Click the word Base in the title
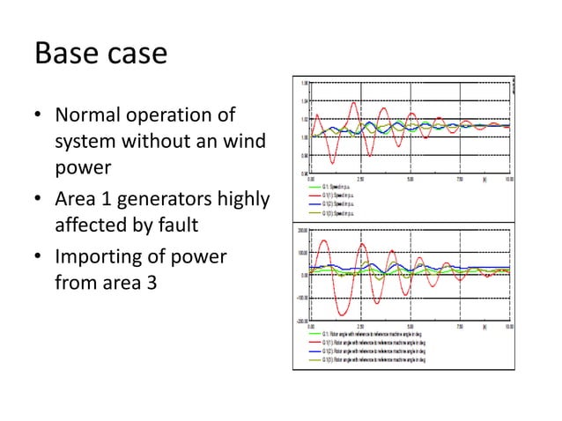tap(66, 54)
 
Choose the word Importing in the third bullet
tap(100, 260)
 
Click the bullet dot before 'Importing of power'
tap(39, 261)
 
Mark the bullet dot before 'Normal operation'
tap(39, 116)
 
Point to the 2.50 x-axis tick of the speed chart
tap(361, 179)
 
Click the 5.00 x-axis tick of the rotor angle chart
tap(410, 326)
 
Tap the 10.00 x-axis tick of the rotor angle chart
tap(508, 326)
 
